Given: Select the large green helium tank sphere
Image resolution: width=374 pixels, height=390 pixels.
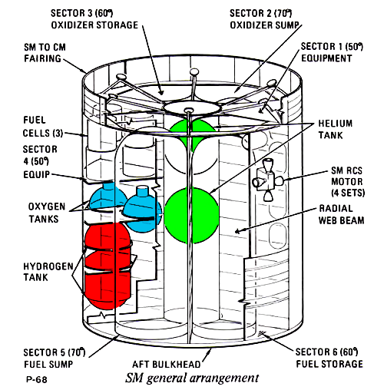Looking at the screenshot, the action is [191, 215].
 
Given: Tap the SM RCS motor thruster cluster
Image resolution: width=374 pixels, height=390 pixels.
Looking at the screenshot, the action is [267, 179].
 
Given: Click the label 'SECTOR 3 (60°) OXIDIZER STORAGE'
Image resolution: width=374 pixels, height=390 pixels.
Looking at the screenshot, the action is [94, 19].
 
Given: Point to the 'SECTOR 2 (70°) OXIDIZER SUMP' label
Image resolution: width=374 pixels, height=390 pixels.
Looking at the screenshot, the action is [264, 19].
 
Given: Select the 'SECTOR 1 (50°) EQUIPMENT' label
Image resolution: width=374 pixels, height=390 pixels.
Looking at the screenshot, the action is [332, 52].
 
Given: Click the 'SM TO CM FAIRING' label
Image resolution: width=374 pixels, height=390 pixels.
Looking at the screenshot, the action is [45, 53].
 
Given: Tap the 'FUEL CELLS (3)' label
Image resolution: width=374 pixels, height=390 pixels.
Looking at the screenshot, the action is [42, 127].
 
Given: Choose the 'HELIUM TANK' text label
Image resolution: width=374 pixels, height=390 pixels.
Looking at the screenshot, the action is [335, 129].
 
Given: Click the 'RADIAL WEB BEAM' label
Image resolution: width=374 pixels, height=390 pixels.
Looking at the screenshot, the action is [341, 214].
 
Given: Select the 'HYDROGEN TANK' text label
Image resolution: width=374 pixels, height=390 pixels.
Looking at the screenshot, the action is [48, 272].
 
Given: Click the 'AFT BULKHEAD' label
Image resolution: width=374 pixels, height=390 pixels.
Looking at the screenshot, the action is [167, 365].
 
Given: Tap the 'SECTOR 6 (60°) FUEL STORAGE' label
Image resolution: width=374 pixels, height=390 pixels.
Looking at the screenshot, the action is [329, 359].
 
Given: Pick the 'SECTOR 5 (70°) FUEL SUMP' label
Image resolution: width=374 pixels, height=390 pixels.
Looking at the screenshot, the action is [54, 359].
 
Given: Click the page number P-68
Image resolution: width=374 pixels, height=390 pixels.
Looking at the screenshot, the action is [37, 379].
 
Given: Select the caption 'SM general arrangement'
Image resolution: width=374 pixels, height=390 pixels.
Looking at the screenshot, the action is [192, 378].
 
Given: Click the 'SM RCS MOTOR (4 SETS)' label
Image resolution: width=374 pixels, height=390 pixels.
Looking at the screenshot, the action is [348, 182].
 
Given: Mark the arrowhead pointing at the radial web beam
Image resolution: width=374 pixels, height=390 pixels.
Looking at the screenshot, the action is [238, 231].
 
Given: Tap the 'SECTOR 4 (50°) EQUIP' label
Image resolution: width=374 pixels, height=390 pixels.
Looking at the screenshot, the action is [40, 162].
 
